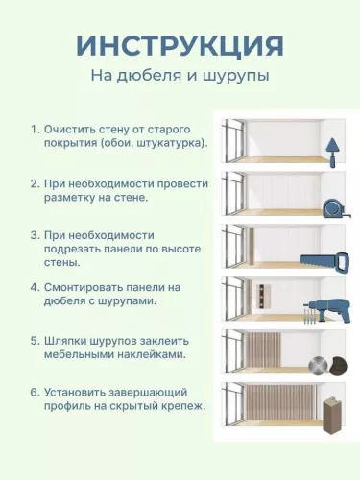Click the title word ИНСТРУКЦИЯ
[180, 45]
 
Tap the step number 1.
[34, 129]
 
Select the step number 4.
[34, 287]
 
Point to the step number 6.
[34, 393]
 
